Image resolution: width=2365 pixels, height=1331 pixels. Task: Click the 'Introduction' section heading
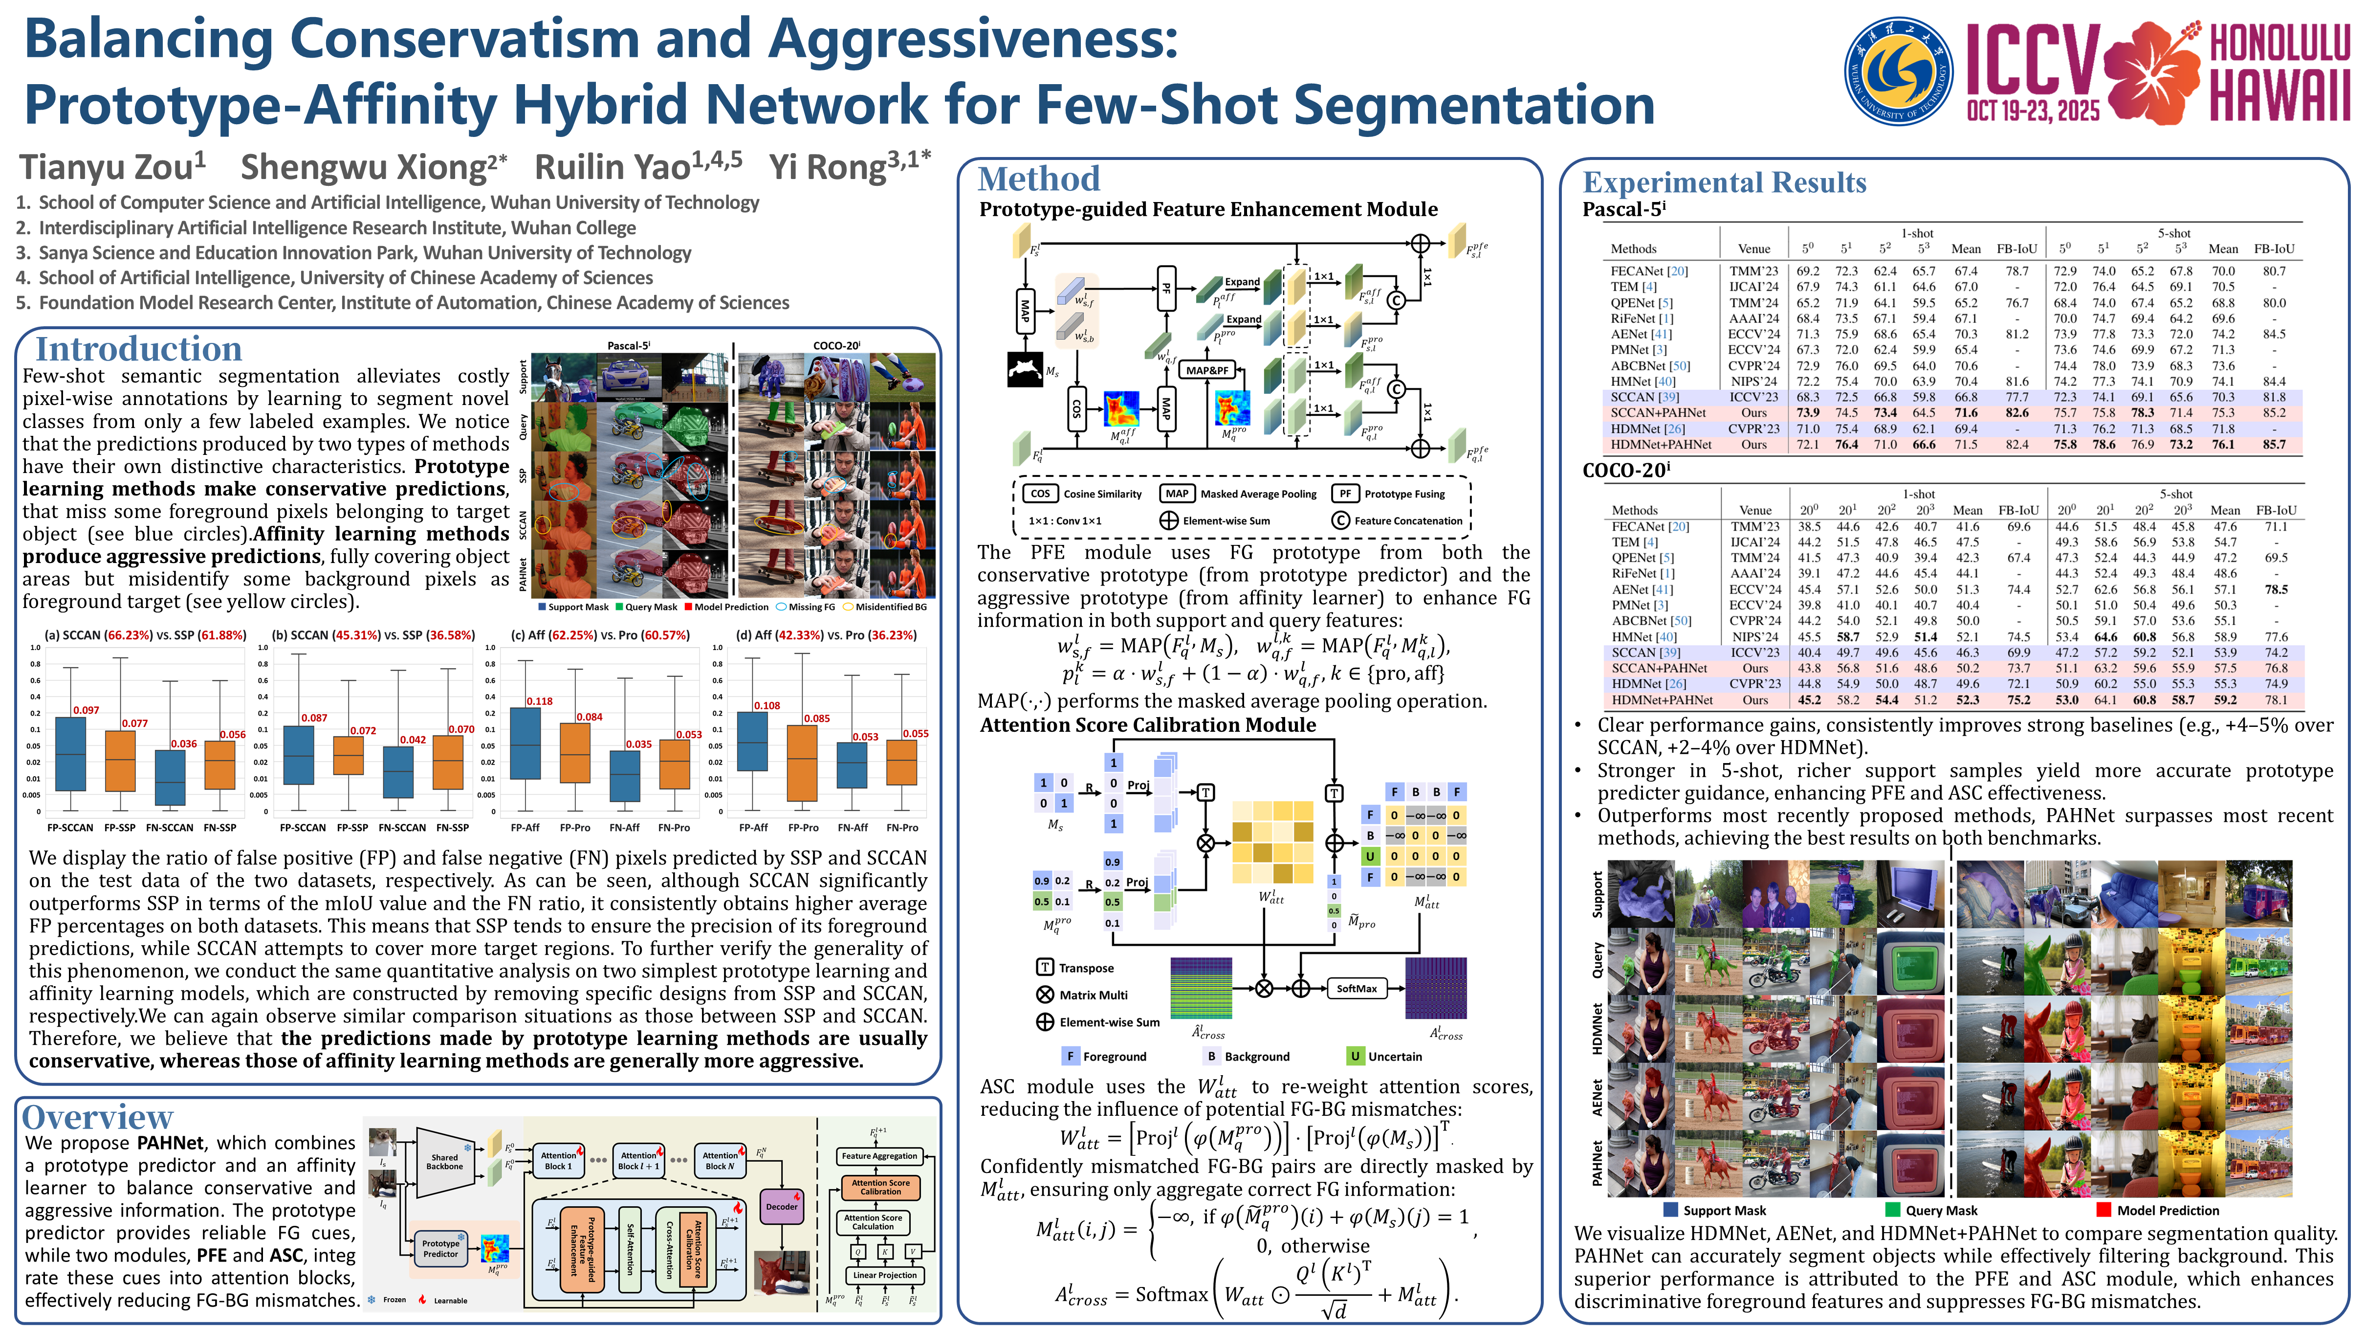tap(138, 349)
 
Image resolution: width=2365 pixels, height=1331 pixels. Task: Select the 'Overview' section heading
tap(97, 1117)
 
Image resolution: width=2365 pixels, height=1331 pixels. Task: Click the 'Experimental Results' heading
tap(1724, 182)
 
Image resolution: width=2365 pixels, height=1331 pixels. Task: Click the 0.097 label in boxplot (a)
tap(87, 710)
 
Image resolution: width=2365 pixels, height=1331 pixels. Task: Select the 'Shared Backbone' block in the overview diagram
tap(444, 1162)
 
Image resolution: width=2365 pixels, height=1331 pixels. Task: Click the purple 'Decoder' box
tap(781, 1207)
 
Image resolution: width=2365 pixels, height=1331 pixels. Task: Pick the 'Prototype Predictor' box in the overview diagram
tap(440, 1248)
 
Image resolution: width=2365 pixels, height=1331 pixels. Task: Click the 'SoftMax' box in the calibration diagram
tap(1356, 989)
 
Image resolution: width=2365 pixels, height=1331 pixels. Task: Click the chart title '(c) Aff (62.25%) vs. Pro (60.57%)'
tap(600, 635)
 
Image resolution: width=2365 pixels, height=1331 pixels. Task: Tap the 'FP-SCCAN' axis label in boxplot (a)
tap(71, 828)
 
